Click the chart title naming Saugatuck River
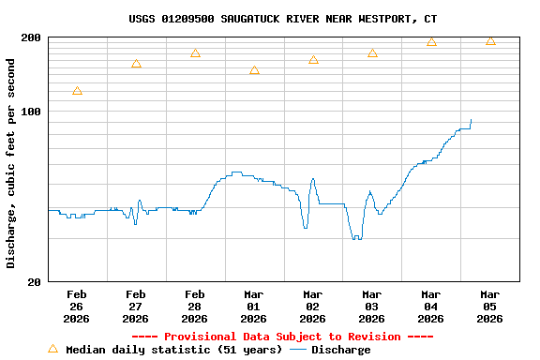pyautogui.click(x=282, y=19)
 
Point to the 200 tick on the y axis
pyautogui.click(x=31, y=37)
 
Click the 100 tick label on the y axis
pyautogui.click(x=31, y=112)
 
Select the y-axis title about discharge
pyautogui.click(x=11, y=163)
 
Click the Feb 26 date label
pyautogui.click(x=77, y=307)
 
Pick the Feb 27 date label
pyautogui.click(x=136, y=307)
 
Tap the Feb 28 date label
pyautogui.click(x=195, y=307)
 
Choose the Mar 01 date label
pyautogui.click(x=254, y=307)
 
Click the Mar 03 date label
pyautogui.click(x=372, y=307)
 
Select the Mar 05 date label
pyautogui.click(x=489, y=307)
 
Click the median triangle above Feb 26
pyautogui.click(x=77, y=91)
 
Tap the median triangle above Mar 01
pyautogui.click(x=254, y=70)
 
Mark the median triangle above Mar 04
pyautogui.click(x=431, y=42)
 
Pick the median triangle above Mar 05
pyautogui.click(x=490, y=40)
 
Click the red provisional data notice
pyautogui.click(x=282, y=337)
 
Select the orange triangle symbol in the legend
pyautogui.click(x=52, y=349)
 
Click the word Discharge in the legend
pyautogui.click(x=340, y=350)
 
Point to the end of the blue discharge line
pyautogui.click(x=471, y=120)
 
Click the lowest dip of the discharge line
pyautogui.click(x=355, y=239)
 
